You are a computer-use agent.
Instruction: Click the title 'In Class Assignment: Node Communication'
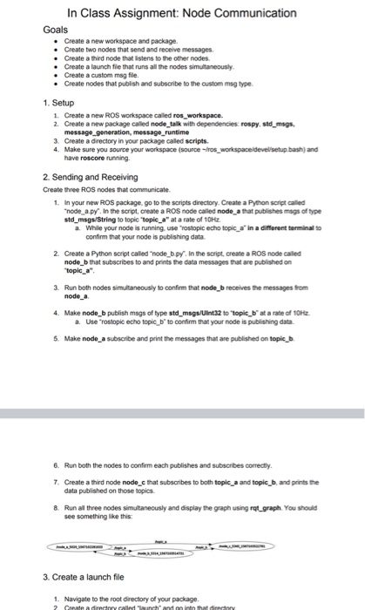pyautogui.click(x=182, y=13)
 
